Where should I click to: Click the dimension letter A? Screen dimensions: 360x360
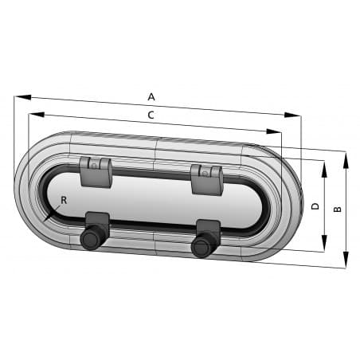tap(151, 96)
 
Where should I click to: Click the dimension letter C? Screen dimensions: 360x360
tap(151, 115)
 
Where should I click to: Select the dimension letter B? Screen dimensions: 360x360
tap(338, 209)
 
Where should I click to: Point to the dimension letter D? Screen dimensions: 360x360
tap(315, 206)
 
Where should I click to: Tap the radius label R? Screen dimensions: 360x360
tap(64, 198)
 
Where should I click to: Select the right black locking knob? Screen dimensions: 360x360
tap(201, 247)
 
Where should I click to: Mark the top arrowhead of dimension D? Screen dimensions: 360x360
tap(324, 164)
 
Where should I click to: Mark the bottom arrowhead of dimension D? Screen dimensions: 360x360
tap(324, 248)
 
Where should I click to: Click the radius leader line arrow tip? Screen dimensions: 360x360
tap(46, 221)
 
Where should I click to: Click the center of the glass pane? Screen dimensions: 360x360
tap(151, 201)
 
